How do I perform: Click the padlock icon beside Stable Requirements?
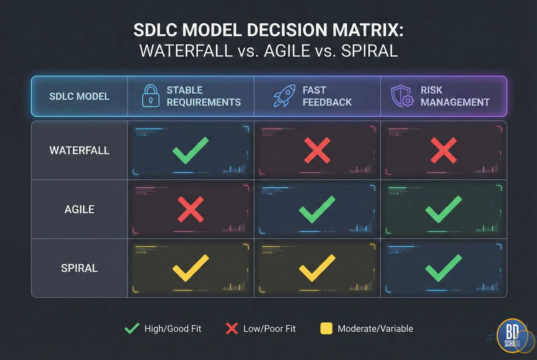[150, 96]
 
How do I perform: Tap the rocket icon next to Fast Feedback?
[284, 96]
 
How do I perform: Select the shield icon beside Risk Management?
[402, 96]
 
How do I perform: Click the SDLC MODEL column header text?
[79, 96]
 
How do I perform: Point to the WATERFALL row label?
[79, 150]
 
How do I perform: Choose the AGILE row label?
[79, 209]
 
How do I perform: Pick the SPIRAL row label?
[79, 268]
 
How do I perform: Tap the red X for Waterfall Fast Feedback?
[317, 150]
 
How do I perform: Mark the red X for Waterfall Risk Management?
[443, 150]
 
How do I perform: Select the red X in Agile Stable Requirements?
[191, 209]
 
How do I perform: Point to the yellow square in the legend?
[326, 328]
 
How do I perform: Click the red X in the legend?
[232, 328]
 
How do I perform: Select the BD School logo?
[512, 336]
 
